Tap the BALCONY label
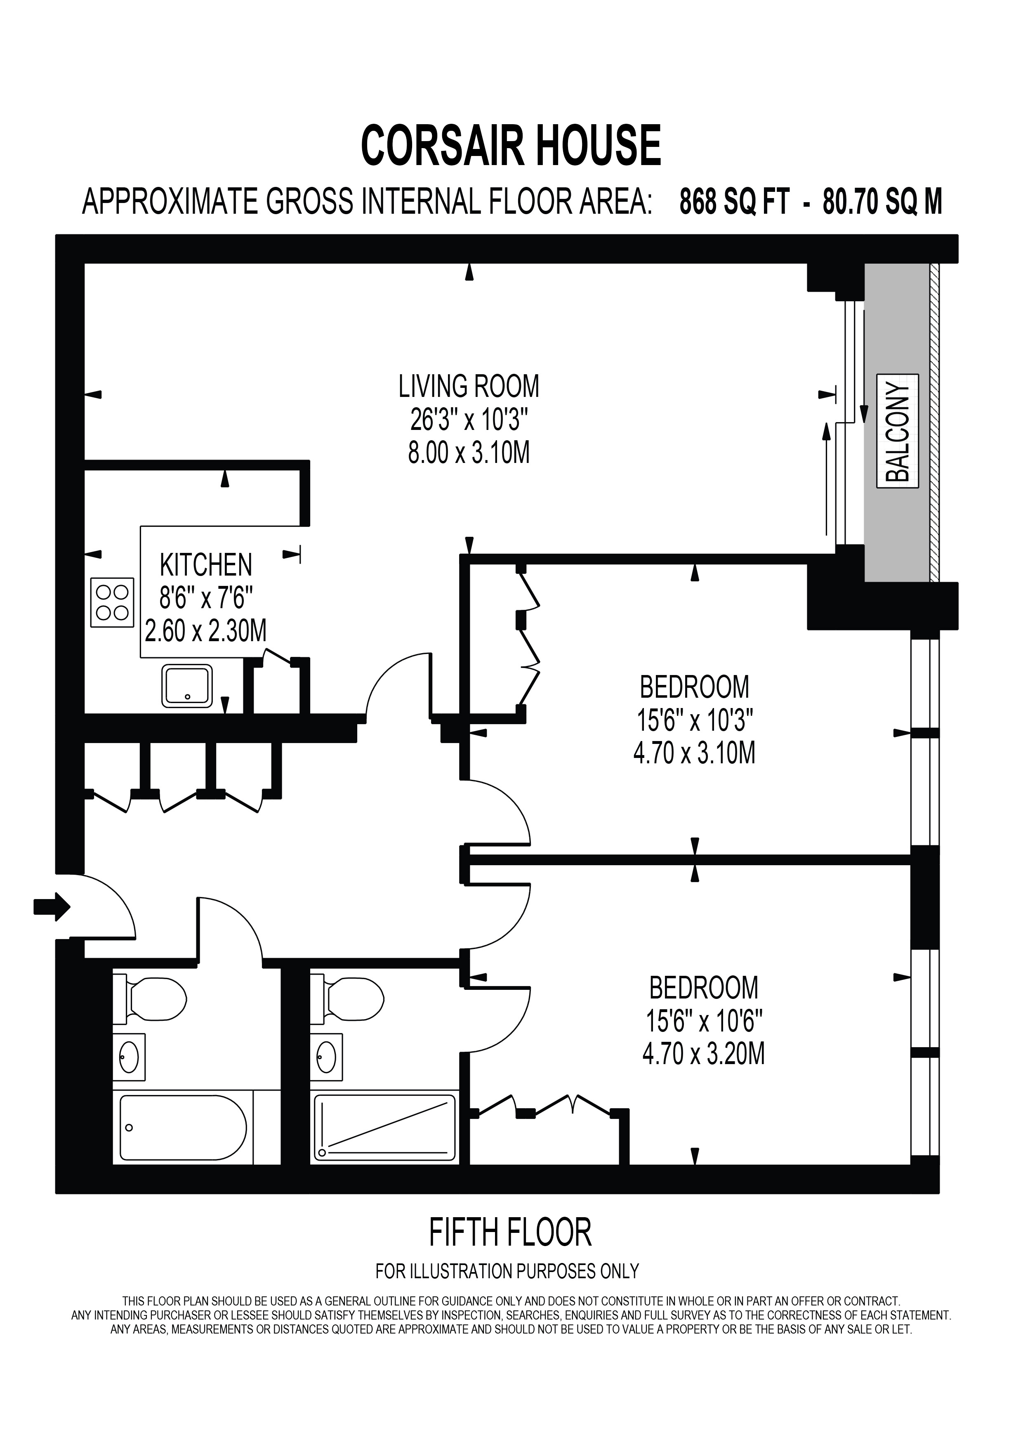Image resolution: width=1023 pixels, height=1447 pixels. (x=898, y=432)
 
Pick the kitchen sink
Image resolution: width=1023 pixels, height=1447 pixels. (x=187, y=686)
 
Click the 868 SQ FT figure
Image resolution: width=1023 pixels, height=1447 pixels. (x=734, y=202)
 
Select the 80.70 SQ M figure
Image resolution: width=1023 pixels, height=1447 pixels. (x=882, y=202)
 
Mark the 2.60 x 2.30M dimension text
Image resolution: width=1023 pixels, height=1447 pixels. (x=206, y=631)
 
